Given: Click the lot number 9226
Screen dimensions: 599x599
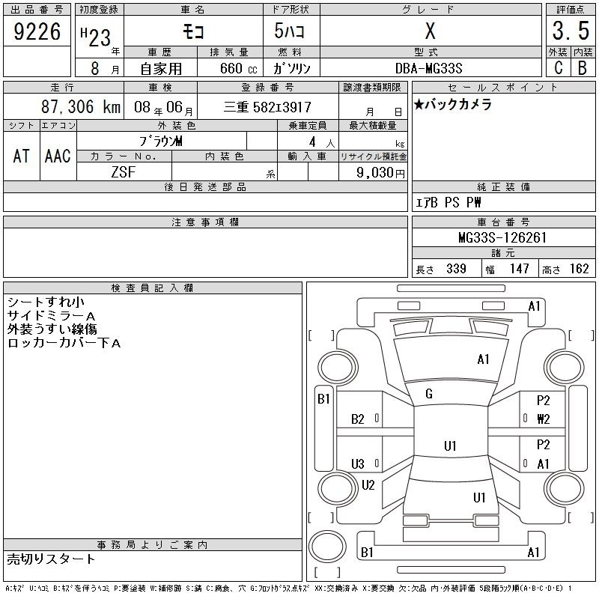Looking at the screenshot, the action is (x=37, y=31).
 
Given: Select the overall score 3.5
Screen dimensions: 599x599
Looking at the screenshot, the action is (x=571, y=31).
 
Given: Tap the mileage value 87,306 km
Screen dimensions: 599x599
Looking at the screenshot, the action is (x=81, y=106).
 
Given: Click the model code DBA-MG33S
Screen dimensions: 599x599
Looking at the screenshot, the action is (x=428, y=68).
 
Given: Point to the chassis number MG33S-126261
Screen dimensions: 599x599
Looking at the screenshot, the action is (x=502, y=237).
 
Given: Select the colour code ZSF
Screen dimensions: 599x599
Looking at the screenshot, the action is (x=124, y=172).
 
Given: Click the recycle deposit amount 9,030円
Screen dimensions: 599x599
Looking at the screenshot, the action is (x=380, y=173).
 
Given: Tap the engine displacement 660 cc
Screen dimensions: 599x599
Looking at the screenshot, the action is (x=238, y=68).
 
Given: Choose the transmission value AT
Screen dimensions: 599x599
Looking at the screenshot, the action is (x=22, y=156).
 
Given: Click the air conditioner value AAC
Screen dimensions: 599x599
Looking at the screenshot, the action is (x=58, y=156).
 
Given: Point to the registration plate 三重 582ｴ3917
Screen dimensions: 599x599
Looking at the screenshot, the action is (x=267, y=107).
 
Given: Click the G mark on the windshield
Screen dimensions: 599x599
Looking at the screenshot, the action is (x=429, y=394).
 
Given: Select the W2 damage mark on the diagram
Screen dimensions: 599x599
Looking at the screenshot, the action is (x=544, y=419).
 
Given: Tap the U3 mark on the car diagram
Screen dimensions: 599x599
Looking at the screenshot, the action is (x=358, y=463).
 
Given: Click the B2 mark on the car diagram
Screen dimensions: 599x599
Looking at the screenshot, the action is (x=358, y=419).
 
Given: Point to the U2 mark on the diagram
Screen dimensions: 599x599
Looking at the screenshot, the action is (x=368, y=485).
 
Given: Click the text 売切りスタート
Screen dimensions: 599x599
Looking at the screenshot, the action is (x=51, y=559).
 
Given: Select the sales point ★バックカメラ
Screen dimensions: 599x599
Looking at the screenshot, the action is (x=453, y=104).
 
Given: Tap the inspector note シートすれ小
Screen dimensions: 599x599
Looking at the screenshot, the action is (x=46, y=302).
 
